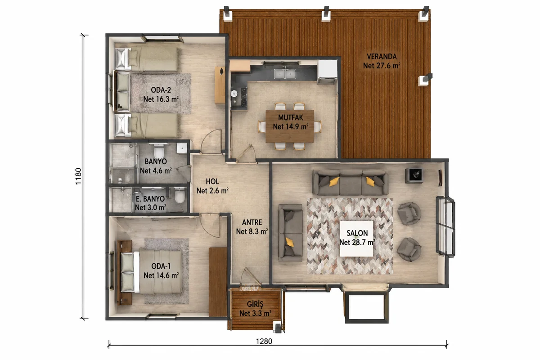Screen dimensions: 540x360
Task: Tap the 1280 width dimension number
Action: pos(264,341)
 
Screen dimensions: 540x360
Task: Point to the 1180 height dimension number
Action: pos(78,176)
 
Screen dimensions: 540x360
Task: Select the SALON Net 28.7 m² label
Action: pos(357,238)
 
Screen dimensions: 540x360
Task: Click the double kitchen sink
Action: pos(285,74)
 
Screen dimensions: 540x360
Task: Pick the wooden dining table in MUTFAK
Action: pos(290,126)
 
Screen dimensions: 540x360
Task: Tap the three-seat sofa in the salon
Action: pos(350,182)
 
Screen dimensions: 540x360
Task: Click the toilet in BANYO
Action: pos(159,151)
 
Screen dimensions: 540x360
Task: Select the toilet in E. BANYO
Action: pos(180,196)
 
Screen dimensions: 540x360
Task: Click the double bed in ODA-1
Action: pos(151,272)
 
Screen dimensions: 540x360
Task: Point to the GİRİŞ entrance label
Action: pos(255,309)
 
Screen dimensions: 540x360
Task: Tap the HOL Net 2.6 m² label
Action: pos(212,186)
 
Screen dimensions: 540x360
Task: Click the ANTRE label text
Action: pos(252,222)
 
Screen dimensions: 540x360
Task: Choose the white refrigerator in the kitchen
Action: pos(327,71)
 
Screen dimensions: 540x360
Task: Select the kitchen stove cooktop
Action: pos(244,96)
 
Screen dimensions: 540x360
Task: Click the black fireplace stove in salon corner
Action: pos(414,175)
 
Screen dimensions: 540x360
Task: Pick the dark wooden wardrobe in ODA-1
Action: pos(218,282)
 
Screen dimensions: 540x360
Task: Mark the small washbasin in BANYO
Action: pos(182,148)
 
